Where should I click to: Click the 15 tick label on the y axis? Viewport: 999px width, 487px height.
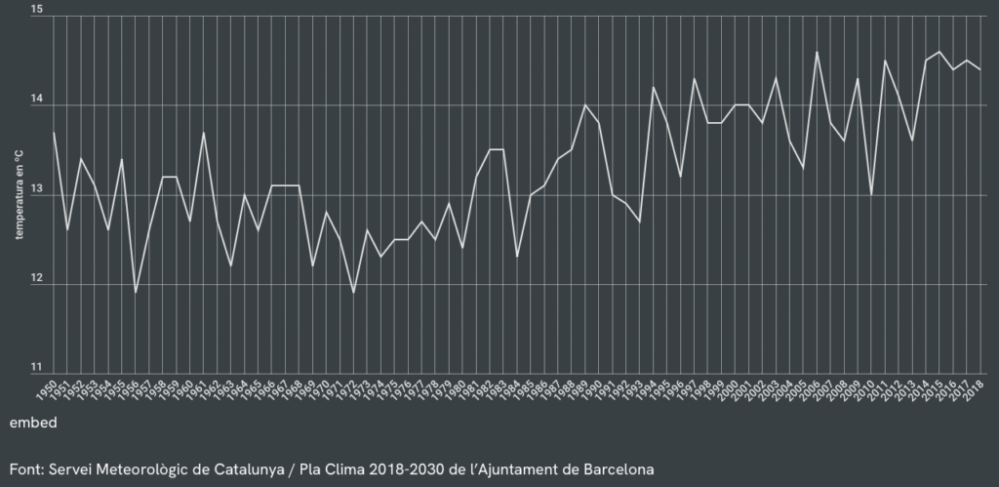click(x=37, y=10)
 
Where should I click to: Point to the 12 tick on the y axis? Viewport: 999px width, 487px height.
click(x=37, y=279)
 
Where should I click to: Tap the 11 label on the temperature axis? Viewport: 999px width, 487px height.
click(x=37, y=368)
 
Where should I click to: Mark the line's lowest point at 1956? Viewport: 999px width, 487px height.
click(x=136, y=292)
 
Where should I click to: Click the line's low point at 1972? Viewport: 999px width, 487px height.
click(x=353, y=292)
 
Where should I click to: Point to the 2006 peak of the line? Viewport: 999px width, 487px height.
click(x=817, y=52)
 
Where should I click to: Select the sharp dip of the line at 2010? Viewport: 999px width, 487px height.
click(x=871, y=195)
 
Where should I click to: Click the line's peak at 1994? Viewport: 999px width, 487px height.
click(x=653, y=88)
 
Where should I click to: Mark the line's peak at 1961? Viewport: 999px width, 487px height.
click(x=204, y=133)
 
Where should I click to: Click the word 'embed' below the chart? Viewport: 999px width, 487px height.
click(x=33, y=424)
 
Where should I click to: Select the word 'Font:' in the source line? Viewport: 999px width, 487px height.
click(x=27, y=468)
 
